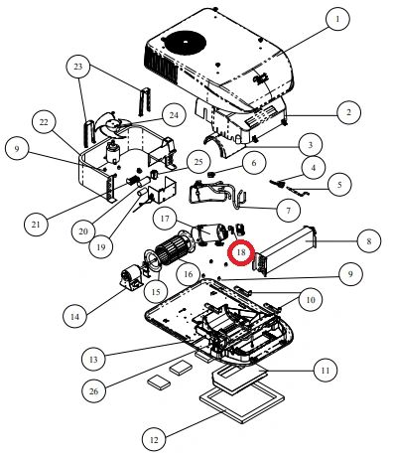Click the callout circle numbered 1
[x=337, y=19]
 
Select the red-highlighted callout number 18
[x=241, y=252]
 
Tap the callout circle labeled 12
[x=154, y=440]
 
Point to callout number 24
[x=174, y=115]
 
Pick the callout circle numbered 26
[x=93, y=390]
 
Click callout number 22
[x=44, y=122]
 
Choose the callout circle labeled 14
[x=75, y=316]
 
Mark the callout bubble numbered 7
[x=288, y=211]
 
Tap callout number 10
[x=311, y=300]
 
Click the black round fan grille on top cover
[x=186, y=43]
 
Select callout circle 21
[x=36, y=224]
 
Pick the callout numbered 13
[x=93, y=359]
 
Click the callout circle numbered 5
[x=339, y=184]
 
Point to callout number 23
[x=78, y=67]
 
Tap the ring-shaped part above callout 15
[x=153, y=260]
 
